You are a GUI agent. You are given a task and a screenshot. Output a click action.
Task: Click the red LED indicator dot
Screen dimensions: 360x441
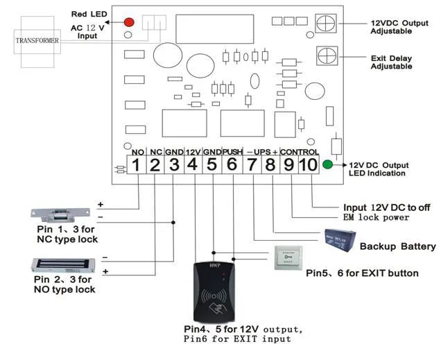click(x=129, y=23)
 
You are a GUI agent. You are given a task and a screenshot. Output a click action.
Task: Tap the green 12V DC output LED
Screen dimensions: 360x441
click(x=337, y=165)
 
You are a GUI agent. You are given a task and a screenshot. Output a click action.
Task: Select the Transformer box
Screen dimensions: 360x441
click(x=37, y=40)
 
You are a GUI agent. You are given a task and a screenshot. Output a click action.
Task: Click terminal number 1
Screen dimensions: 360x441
click(x=137, y=165)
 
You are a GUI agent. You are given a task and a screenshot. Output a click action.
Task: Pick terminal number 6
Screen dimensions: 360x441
click(x=232, y=165)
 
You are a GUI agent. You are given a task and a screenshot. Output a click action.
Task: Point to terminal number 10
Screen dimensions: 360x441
click(x=308, y=165)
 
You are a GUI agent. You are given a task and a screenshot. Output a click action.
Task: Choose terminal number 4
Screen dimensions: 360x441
click(x=193, y=165)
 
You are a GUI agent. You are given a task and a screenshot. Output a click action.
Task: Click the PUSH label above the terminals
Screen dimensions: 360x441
click(x=232, y=151)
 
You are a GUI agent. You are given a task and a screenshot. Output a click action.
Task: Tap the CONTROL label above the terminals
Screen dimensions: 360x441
click(x=300, y=151)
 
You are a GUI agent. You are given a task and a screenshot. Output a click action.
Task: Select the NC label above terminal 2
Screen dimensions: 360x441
click(x=156, y=151)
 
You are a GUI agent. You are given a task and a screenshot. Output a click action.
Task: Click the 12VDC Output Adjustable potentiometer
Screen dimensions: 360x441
click(x=327, y=23)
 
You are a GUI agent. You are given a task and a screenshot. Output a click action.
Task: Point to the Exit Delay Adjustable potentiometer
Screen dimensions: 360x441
click(x=327, y=55)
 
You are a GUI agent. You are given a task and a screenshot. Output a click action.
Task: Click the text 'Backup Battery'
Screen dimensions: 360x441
click(x=397, y=246)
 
